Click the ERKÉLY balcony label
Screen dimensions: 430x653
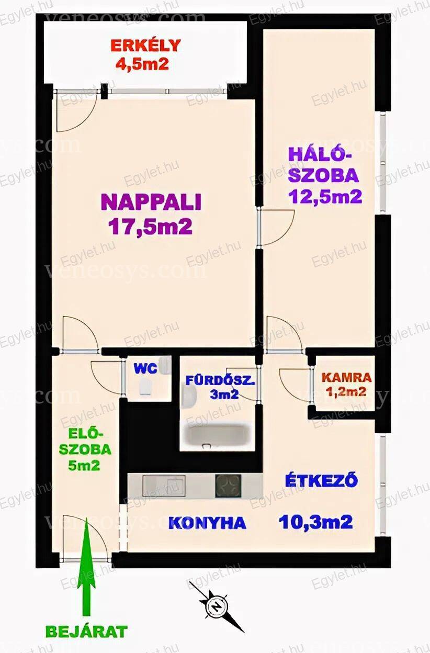click(145, 45)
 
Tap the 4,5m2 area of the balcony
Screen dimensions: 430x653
click(142, 64)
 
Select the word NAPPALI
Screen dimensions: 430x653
click(151, 202)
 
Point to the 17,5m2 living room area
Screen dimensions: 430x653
click(150, 227)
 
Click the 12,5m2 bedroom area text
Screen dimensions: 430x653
click(325, 196)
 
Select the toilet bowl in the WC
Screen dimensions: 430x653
click(145, 387)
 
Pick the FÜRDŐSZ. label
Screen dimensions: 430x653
click(220, 381)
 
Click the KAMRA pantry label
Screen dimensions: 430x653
click(347, 378)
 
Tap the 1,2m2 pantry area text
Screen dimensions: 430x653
click(347, 391)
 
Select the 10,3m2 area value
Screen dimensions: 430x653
click(316, 522)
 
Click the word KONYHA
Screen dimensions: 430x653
click(207, 523)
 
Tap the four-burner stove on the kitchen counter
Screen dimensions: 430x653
click(228, 486)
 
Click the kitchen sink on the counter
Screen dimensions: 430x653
click(164, 486)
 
